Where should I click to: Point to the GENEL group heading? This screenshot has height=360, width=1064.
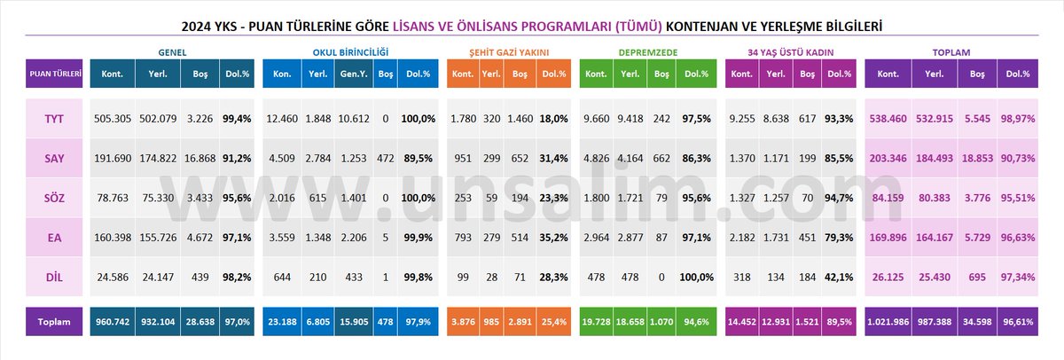coord(171,52)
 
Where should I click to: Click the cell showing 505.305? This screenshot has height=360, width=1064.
coord(112,119)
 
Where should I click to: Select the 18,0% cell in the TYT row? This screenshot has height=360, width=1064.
coord(553,119)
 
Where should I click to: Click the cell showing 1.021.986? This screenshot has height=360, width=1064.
coord(895,322)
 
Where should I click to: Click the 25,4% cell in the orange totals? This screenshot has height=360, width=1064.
coord(553,322)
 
